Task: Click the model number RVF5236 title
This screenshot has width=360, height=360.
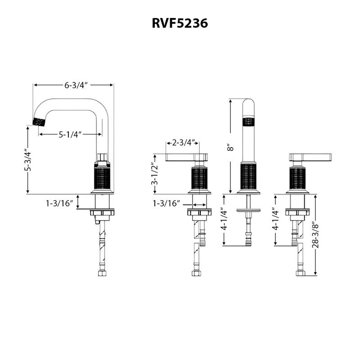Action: click(x=180, y=23)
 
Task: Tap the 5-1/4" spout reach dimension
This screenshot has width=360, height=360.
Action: click(x=70, y=134)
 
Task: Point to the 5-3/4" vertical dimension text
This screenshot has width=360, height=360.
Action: click(x=28, y=160)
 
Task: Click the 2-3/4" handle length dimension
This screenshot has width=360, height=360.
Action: click(x=183, y=143)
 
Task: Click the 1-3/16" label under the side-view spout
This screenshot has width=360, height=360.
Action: click(x=59, y=204)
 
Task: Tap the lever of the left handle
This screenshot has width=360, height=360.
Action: click(x=182, y=157)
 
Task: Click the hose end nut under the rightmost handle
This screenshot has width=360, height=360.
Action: click(x=299, y=273)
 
